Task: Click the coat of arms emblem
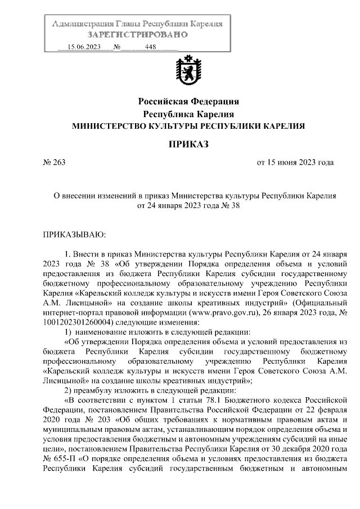point(189,72)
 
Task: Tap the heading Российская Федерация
point(189,102)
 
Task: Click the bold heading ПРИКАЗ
point(189,145)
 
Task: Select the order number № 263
point(55,163)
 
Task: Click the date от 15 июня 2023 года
point(295,163)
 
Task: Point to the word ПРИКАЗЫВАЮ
point(74,233)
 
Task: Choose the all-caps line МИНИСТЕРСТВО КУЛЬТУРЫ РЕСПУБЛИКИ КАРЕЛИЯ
point(189,127)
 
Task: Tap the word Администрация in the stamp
point(82,24)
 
